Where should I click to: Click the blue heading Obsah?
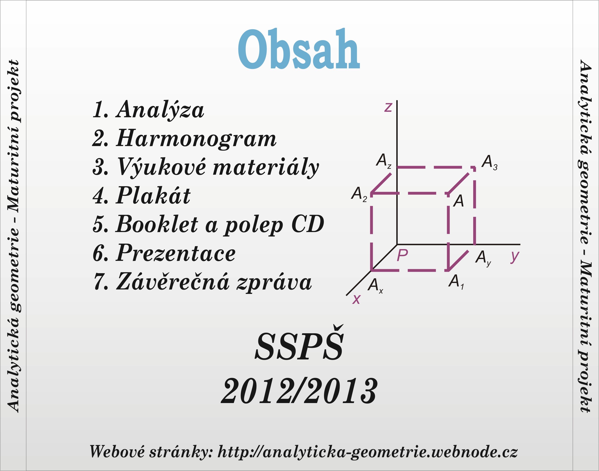pos(299,49)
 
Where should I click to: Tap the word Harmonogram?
pos(196,139)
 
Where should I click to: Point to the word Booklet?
pos(157,224)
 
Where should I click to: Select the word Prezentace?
pos(176,253)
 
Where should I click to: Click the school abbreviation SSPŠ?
pos(299,344)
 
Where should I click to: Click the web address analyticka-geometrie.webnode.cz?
pos(390,452)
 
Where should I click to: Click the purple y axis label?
pos(515,257)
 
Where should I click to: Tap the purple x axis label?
pos(356,299)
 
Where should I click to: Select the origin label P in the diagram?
pos(402,255)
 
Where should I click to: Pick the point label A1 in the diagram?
pos(456,282)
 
